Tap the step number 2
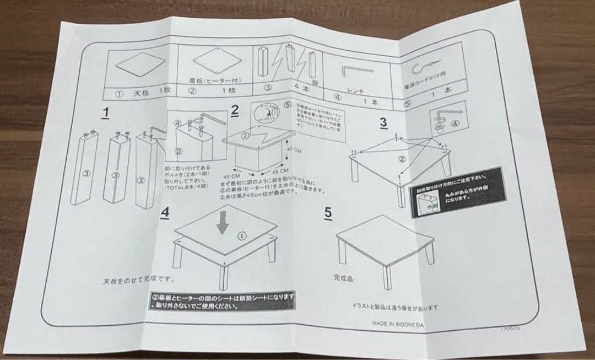[x=235, y=110]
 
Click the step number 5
[x=328, y=212]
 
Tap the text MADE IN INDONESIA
[x=397, y=324]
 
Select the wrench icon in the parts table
[x=356, y=72]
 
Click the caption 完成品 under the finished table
[x=342, y=278]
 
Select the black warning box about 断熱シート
[x=223, y=299]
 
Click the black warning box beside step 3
[x=455, y=189]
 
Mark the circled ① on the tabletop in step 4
[x=241, y=235]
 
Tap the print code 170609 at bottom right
[x=510, y=327]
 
